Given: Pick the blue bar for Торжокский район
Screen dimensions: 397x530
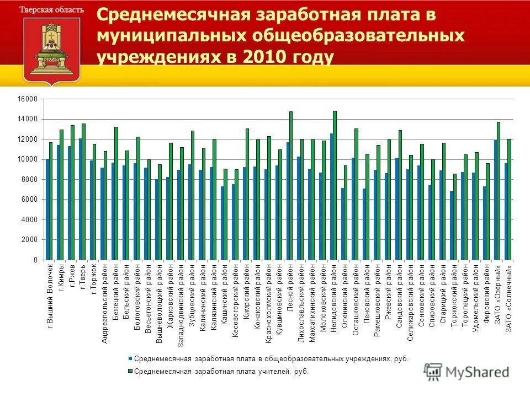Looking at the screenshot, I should click(x=452, y=226).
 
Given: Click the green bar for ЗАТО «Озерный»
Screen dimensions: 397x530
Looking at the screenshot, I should click(x=499, y=191).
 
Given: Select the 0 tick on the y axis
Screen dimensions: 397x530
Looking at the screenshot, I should click(x=35, y=260).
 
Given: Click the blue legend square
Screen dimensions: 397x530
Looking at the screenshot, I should click(x=130, y=359).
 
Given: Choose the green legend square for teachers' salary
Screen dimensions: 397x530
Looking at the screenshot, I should click(x=130, y=372).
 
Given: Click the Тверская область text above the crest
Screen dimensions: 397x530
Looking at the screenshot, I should click(x=52, y=10).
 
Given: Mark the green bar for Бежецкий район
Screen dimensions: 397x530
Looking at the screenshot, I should click(x=116, y=194).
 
